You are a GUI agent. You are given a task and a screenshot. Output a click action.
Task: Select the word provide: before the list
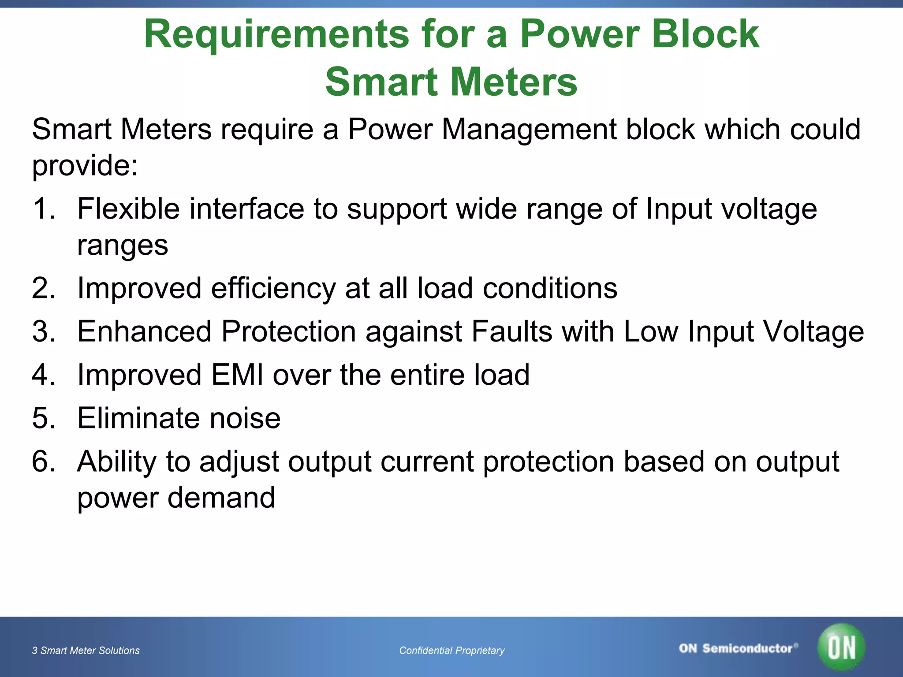tap(85, 166)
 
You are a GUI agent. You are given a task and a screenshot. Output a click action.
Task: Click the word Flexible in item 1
tap(128, 208)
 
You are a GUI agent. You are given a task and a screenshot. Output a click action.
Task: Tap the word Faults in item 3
tap(511, 331)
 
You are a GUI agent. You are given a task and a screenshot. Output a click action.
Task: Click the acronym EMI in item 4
tap(237, 375)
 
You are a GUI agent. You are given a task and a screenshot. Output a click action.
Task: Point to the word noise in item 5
tap(245, 418)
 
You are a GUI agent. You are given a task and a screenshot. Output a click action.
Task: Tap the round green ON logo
tap(841, 647)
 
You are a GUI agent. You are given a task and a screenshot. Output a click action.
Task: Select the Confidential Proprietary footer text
tap(451, 651)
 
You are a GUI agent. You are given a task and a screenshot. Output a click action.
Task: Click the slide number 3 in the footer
tap(34, 651)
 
